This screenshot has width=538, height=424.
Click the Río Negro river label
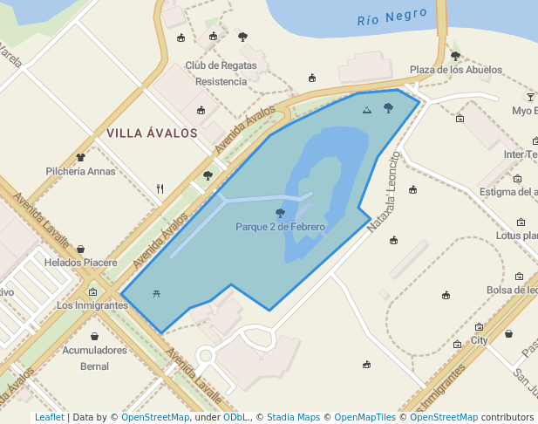coord(392,17)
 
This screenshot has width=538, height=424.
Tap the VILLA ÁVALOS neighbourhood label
coord(152,133)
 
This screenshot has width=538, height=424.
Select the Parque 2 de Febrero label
coord(280,227)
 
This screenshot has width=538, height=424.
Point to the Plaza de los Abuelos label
coord(456,70)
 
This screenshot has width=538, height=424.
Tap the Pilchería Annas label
coord(80,171)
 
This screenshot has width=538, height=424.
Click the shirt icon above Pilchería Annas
coord(81,157)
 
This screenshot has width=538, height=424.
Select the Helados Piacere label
coord(80,263)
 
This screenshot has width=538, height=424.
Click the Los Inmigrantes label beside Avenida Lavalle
coord(92,305)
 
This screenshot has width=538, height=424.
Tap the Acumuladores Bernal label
coord(94,358)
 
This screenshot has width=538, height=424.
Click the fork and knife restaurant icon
coord(160,188)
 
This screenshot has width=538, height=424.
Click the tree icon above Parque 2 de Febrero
coord(280,212)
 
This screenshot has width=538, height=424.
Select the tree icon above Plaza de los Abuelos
coord(455,56)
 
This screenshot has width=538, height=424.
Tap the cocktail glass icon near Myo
coord(530,96)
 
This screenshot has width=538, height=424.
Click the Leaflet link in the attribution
coord(49,417)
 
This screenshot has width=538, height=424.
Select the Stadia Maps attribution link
coord(293,417)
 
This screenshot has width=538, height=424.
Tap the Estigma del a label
coord(508,192)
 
